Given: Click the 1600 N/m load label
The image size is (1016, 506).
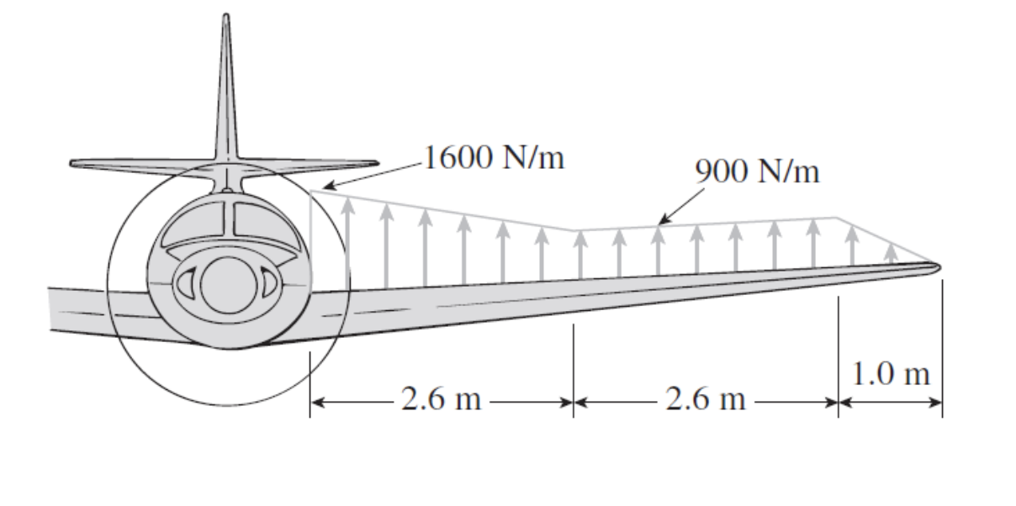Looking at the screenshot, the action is tap(494, 158).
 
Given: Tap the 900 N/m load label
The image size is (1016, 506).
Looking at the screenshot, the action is tap(758, 171).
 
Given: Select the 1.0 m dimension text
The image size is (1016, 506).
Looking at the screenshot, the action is tap(892, 374).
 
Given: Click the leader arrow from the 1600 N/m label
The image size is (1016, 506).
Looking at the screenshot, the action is tap(373, 176).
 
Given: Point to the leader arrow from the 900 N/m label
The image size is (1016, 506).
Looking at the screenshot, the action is tap(681, 206).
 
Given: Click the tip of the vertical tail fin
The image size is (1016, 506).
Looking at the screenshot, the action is tap(226, 14).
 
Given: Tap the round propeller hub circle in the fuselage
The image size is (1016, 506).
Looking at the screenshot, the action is tap(228, 285).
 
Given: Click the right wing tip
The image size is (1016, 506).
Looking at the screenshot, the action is tap(939, 267).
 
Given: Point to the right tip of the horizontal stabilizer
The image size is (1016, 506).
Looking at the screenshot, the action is tap(377, 163).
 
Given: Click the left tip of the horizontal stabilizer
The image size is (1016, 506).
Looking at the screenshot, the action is tap(71, 163).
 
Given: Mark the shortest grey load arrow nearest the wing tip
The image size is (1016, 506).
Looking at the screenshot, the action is tap(892, 254).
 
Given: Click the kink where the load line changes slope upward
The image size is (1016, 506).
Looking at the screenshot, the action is tap(574, 231).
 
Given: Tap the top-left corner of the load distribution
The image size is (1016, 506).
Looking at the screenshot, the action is tap(310, 191).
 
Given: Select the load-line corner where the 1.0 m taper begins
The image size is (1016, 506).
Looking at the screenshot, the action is tap(837, 218).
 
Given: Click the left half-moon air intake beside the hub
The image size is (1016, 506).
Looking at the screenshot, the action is tap(186, 282).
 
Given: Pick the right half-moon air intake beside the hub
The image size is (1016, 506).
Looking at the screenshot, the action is tap(270, 282).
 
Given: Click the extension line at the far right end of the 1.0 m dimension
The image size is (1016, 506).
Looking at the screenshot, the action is tap(943, 348).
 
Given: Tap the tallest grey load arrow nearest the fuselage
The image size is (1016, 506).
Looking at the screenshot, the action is tap(347, 243).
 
